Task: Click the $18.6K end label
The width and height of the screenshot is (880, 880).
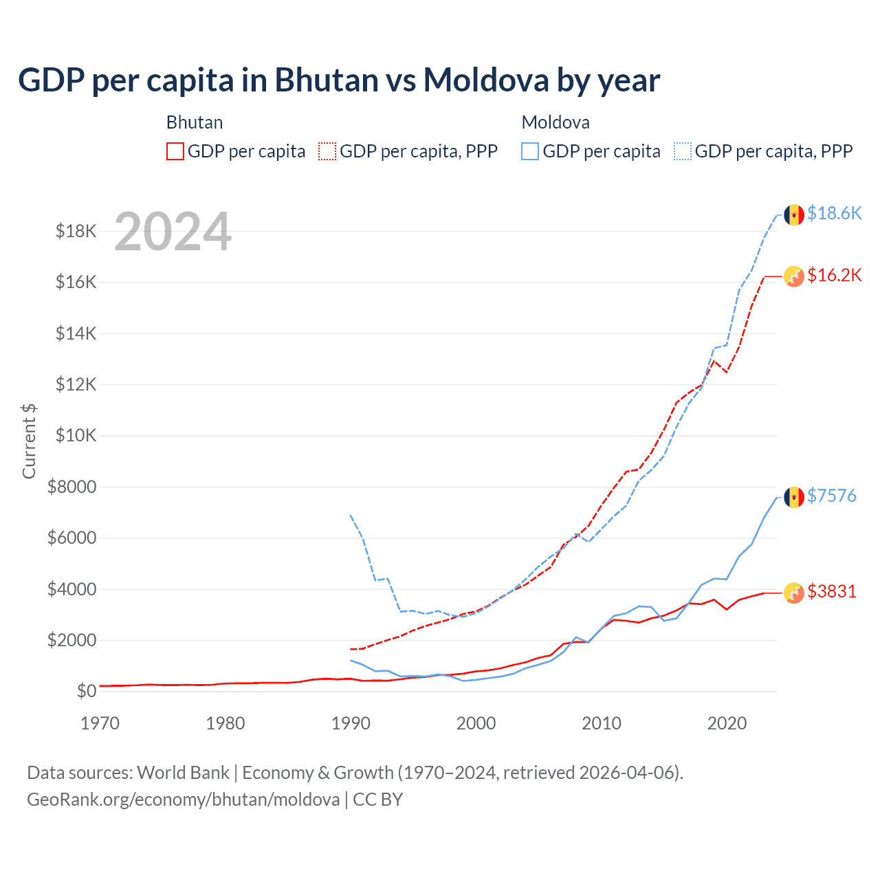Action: pos(834,214)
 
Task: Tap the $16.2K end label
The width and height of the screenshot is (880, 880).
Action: pos(834,276)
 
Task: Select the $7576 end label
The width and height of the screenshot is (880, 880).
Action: pos(831,496)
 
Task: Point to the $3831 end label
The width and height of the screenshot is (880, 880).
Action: pos(831,591)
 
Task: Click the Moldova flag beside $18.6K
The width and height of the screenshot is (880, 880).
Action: pos(794,214)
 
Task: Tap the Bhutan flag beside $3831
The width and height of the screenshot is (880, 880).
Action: pos(794,593)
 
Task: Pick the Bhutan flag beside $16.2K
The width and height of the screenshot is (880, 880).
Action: pos(794,276)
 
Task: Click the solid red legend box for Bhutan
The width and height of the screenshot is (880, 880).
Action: pos(175,151)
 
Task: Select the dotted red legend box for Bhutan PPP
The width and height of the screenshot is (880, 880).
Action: pos(328,151)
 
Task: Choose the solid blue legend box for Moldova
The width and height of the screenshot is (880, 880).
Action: pos(530,151)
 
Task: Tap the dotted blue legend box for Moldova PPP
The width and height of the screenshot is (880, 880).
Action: pos(683,151)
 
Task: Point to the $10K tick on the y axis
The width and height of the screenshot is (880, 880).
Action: pos(76,435)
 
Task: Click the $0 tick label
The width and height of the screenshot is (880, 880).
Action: pos(86,691)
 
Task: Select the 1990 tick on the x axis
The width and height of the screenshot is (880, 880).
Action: pos(351,723)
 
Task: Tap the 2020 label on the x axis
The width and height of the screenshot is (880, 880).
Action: pos(727,723)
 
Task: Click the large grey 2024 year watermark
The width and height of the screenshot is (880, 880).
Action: pos(173,232)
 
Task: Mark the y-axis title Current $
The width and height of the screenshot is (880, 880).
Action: pos(29,441)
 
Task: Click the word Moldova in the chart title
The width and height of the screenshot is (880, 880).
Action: pos(485,80)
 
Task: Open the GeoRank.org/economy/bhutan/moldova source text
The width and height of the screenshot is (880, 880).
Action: pos(184,800)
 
